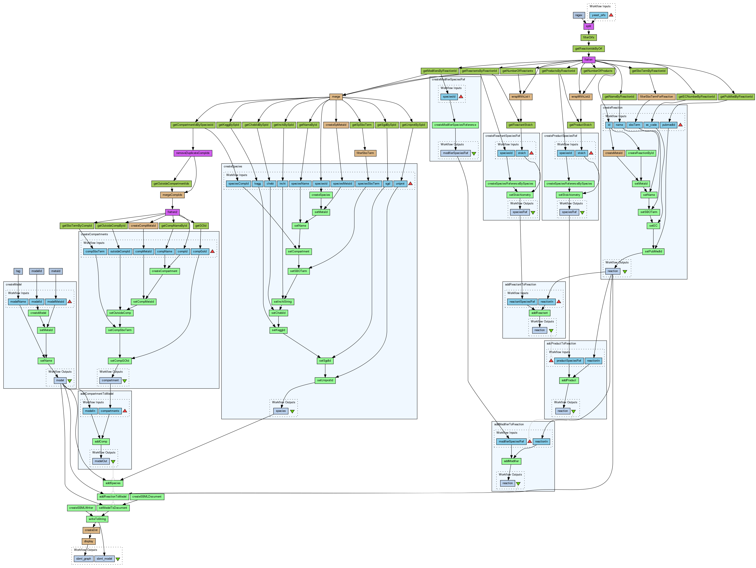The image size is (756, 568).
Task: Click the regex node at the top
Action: [x=579, y=15]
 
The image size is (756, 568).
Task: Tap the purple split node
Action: [x=588, y=26]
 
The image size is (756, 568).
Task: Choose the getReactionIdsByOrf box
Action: [x=589, y=48]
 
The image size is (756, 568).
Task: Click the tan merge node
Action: [x=336, y=97]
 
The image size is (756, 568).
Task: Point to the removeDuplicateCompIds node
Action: [x=193, y=153]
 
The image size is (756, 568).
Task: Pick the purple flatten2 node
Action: [x=172, y=212]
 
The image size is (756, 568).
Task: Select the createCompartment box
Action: [x=164, y=271]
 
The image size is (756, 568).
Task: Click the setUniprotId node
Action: [x=325, y=380]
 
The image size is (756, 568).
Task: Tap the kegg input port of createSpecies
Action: [x=258, y=184]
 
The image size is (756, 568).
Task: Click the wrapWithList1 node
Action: [x=520, y=97]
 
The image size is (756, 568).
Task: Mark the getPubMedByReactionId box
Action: [x=736, y=97]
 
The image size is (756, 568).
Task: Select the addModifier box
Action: [x=511, y=461]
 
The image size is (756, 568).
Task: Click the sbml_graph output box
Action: [x=83, y=559]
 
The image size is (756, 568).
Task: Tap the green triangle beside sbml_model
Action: [x=118, y=559]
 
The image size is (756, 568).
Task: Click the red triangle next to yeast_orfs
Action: [x=611, y=15]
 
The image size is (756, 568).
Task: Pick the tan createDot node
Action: [x=91, y=530]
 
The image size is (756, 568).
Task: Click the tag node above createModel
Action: [x=18, y=271]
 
